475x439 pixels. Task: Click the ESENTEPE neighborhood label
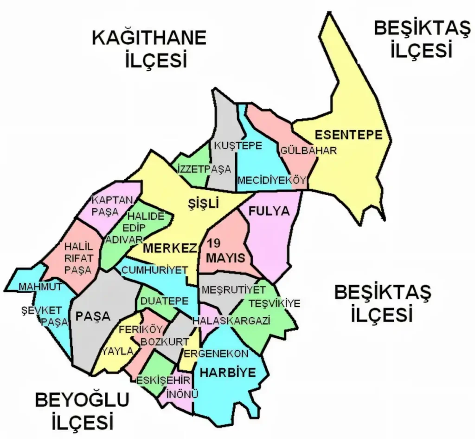pyautogui.click(x=349, y=135)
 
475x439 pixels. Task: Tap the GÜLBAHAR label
pyautogui.click(x=308, y=151)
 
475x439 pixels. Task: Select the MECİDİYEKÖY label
pyautogui.click(x=272, y=180)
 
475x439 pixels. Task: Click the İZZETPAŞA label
pyautogui.click(x=205, y=170)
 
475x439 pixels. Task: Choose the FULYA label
pyautogui.click(x=269, y=211)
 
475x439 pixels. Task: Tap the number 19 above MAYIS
pyautogui.click(x=214, y=243)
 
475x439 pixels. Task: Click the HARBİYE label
pyautogui.click(x=228, y=373)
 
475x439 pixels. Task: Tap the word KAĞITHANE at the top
pyautogui.click(x=149, y=38)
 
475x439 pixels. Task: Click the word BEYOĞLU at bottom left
pyautogui.click(x=82, y=400)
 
